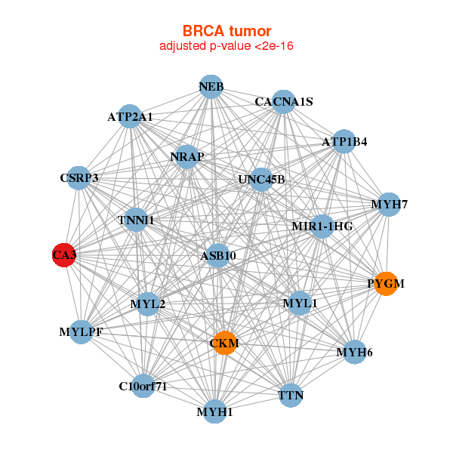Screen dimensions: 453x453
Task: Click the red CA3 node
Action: click(64, 255)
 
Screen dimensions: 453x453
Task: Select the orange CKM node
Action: click(224, 344)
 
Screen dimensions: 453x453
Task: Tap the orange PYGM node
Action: click(386, 283)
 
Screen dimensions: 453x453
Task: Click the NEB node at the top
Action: click(211, 87)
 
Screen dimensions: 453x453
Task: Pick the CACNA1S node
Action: click(283, 102)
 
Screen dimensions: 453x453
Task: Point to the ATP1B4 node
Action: click(344, 141)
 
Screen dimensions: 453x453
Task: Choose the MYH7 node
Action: click(389, 205)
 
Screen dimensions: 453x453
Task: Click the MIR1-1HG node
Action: click(322, 226)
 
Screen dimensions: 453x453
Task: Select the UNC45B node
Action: click(261, 180)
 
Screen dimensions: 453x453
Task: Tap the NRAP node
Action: click(186, 156)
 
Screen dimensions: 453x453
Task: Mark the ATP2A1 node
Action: click(131, 116)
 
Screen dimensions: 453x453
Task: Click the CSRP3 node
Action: click(79, 178)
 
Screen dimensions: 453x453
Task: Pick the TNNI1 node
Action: click(136, 220)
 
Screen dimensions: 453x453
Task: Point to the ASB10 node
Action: click(218, 255)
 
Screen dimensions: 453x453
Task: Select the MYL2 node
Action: click(148, 304)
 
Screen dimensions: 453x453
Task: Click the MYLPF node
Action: click(81, 331)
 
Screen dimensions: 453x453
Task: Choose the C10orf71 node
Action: click(143, 386)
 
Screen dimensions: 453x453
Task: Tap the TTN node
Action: click(291, 395)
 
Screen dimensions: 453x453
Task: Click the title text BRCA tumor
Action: click(226, 31)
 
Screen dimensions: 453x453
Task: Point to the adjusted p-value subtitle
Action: click(226, 46)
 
